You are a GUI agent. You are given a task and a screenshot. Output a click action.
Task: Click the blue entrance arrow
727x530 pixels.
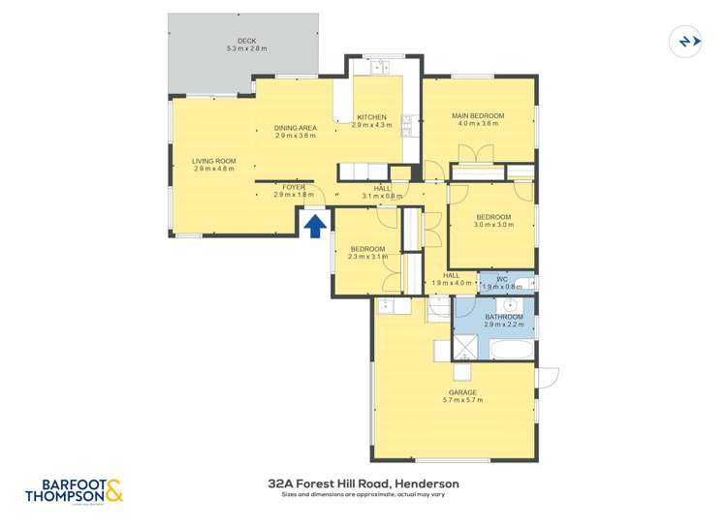click(314, 226)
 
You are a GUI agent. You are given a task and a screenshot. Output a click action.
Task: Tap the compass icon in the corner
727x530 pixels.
click(685, 42)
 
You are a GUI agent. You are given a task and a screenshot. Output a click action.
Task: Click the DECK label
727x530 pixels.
click(246, 42)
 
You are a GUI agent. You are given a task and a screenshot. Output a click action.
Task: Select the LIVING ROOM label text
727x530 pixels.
click(214, 161)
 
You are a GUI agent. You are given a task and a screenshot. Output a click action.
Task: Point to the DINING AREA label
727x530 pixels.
click(295, 128)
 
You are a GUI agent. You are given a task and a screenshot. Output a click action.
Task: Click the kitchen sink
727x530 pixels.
click(372, 67)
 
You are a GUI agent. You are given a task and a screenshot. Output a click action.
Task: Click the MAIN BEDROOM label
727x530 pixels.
click(478, 116)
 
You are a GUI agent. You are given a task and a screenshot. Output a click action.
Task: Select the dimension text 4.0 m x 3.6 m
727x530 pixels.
click(478, 124)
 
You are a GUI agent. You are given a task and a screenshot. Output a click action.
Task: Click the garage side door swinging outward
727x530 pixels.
click(548, 381)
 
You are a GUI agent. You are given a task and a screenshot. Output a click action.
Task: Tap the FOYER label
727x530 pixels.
click(294, 187)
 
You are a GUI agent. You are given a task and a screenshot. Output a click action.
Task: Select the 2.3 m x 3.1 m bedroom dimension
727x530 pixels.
click(367, 257)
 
